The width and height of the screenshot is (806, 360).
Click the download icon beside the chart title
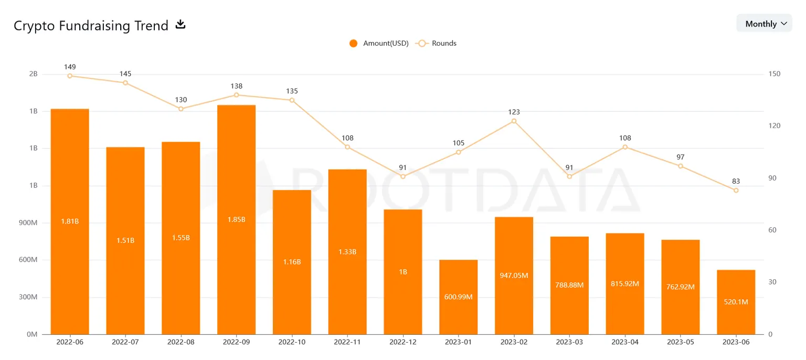pyautogui.click(x=181, y=24)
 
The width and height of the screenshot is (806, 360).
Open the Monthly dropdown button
pyautogui.click(x=764, y=24)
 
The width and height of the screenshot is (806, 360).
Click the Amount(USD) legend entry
pyautogui.click(x=379, y=43)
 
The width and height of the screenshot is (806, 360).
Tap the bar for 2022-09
pyautogui.click(x=236, y=219)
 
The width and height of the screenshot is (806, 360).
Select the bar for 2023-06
pyautogui.click(x=736, y=302)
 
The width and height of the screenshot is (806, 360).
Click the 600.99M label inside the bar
pyautogui.click(x=459, y=297)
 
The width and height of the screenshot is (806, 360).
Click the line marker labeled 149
pyautogui.click(x=70, y=76)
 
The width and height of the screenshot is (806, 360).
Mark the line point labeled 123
pyautogui.click(x=514, y=121)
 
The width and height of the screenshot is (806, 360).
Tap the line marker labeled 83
pyautogui.click(x=736, y=190)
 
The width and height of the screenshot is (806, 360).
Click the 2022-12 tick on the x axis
pyautogui.click(x=402, y=342)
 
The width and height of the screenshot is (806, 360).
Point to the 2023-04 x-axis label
pyautogui.click(x=624, y=342)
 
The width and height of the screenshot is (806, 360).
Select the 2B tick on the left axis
pyautogui.click(x=33, y=74)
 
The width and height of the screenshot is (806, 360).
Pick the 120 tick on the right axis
pyautogui.click(x=774, y=126)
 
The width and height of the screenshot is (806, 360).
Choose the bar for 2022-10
pyautogui.click(x=292, y=262)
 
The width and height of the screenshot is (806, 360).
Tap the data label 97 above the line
pyautogui.click(x=680, y=157)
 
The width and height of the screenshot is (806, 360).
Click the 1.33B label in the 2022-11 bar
pyautogui.click(x=347, y=252)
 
